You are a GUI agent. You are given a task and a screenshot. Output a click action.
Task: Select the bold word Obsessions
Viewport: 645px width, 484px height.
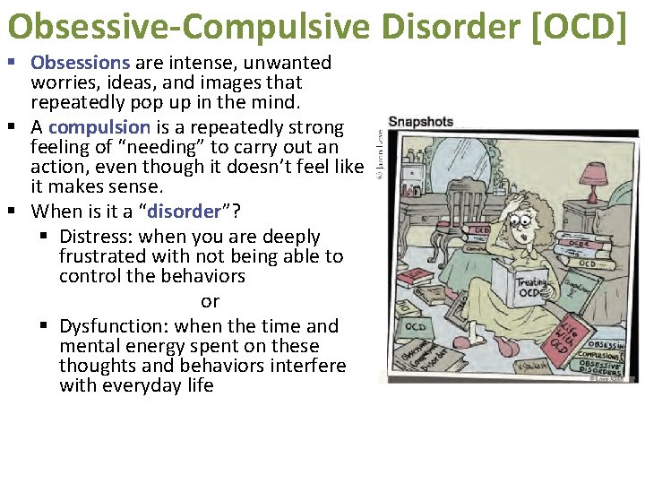pyautogui.click(x=81, y=63)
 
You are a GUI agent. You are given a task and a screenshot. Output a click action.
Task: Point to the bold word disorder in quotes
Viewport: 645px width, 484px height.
pyautogui.click(x=185, y=212)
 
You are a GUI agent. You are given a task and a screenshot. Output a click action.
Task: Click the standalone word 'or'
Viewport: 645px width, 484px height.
pyautogui.click(x=210, y=301)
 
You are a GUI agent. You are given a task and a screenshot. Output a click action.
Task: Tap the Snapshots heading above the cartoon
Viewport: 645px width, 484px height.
pyautogui.click(x=421, y=122)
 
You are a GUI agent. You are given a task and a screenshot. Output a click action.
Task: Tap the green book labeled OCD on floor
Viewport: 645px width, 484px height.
pyautogui.click(x=415, y=327)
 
